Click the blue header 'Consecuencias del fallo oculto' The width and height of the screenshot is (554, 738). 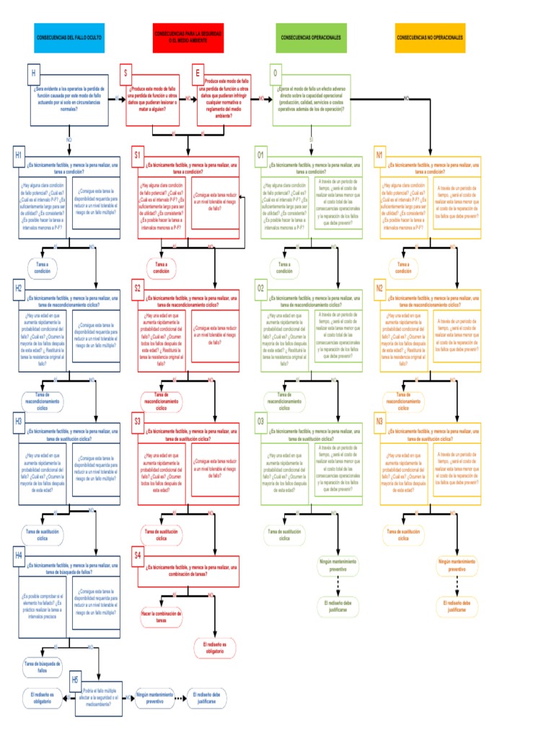pos(69,37)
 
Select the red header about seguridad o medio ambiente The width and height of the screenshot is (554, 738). pos(188,37)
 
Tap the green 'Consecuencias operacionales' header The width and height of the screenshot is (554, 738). pos(310,37)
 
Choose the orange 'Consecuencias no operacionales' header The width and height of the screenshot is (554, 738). pos(430,37)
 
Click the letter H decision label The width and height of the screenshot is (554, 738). pos(33,74)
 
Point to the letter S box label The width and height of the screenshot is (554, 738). pos(126,74)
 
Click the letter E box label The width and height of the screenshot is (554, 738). pos(197,74)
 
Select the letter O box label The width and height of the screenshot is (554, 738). pos(275,74)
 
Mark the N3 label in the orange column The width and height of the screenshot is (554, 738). pos(379,421)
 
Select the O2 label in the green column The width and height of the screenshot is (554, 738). pos(261,288)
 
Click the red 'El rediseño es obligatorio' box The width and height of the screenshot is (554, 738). pos(214,647)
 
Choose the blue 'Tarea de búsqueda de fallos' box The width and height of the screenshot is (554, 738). pos(43,667)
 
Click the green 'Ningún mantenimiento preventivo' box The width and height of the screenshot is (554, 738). pos(338,564)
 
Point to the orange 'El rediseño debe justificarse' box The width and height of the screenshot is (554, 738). pos(457,605)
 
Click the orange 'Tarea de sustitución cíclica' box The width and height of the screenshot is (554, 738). pos(403,534)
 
